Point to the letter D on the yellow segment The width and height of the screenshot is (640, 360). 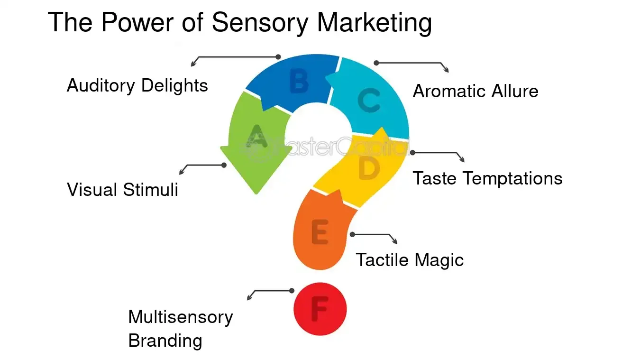click(369, 168)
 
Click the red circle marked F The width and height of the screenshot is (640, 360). click(320, 309)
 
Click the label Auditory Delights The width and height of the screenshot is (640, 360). click(137, 86)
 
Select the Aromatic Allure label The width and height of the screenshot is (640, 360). click(475, 91)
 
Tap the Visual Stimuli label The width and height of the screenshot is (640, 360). click(122, 190)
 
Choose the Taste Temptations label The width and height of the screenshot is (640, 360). click(487, 178)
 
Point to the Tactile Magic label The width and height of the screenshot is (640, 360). click(410, 260)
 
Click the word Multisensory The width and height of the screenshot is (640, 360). click(180, 317)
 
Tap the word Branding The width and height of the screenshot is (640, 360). click(165, 341)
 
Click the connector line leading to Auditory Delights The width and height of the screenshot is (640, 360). click(237, 56)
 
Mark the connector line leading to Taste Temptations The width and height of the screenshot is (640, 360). click(436, 153)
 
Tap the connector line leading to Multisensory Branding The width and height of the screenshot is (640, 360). click(273, 291)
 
